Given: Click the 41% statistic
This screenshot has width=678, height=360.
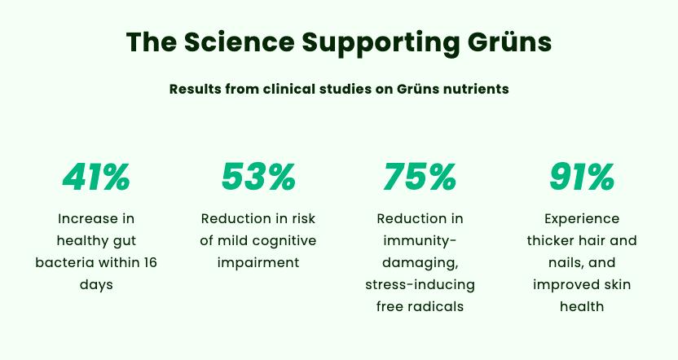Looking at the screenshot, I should click(96, 177).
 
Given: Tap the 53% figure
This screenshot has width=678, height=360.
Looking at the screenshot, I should click(258, 177).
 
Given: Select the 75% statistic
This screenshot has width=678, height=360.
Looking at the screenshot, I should click(420, 177).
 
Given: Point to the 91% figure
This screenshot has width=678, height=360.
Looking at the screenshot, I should click(581, 177).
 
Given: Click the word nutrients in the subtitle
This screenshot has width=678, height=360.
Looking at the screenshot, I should click(473, 89).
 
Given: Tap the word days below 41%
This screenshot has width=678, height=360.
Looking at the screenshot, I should click(96, 285).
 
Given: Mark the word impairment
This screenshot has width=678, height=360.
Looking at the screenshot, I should click(258, 263).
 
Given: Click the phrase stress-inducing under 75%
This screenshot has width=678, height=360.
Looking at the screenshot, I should click(420, 285).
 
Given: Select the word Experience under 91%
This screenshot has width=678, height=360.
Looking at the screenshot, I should click(581, 219).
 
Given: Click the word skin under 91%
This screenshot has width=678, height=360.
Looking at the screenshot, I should click(614, 285).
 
